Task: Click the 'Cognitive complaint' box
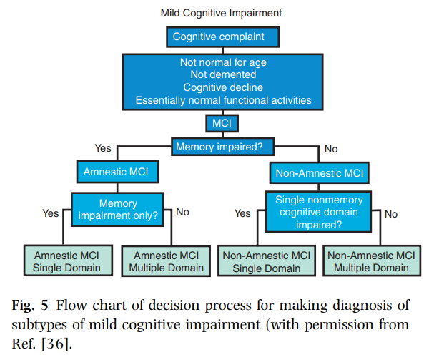[219, 36]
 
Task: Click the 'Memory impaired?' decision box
[219, 147]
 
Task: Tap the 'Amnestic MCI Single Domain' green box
[67, 261]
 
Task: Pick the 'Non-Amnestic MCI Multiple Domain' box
[370, 261]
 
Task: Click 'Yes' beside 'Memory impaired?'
[104, 149]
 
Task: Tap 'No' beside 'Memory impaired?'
[330, 149]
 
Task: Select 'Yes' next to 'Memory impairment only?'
[51, 213]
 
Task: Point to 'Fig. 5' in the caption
[30, 306]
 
